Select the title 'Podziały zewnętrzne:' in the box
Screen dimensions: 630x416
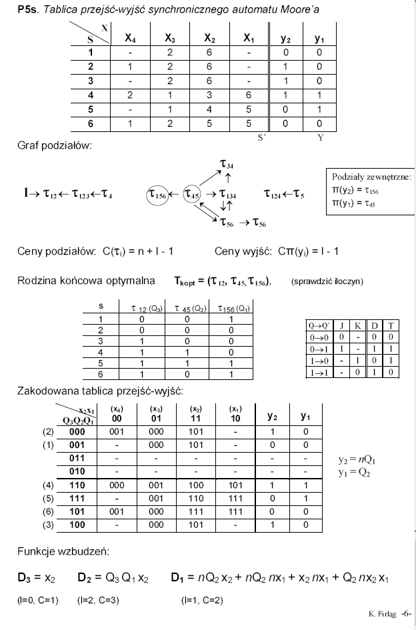[x=371, y=177]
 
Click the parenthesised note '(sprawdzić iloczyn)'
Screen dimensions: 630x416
[x=326, y=280]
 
